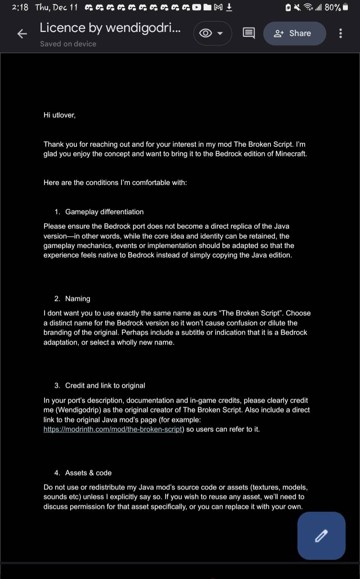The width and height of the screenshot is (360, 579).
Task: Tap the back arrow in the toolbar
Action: coord(22,34)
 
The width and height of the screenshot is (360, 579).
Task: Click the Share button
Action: coord(294,33)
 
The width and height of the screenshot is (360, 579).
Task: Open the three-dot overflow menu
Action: coord(340,33)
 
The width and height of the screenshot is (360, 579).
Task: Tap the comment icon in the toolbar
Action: coord(248,33)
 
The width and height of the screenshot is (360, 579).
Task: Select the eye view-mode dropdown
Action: coord(212,33)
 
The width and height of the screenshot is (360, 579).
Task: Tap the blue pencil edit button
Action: coord(321,536)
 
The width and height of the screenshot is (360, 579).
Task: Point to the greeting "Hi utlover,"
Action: coord(59,115)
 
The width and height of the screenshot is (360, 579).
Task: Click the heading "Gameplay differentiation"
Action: coord(104,212)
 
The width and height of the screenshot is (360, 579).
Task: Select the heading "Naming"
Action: coord(77,299)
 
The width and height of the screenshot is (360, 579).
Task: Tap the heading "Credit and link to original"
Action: coord(105,385)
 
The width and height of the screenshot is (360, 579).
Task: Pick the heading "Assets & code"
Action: coord(88,473)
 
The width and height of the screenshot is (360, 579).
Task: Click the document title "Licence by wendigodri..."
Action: coord(110,28)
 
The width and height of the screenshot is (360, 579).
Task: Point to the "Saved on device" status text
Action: coord(68,44)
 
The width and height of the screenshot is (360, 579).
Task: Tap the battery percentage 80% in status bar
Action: coord(333,7)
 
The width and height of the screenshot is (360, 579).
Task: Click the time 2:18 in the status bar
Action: coord(20,7)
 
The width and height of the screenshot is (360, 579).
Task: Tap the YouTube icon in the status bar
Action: coord(197,7)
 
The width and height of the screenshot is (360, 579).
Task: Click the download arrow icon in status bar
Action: coord(229,7)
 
